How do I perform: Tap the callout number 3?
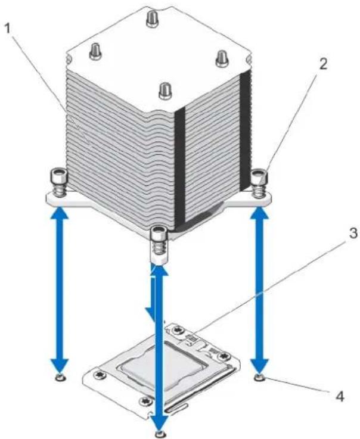[353, 233]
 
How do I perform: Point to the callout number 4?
[339, 397]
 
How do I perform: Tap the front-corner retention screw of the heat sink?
[159, 241]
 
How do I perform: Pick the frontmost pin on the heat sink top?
[165, 91]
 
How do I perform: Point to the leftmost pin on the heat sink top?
[95, 51]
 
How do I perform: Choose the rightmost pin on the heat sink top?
[224, 59]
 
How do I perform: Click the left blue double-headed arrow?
[60, 289]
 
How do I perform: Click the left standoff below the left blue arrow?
[60, 378]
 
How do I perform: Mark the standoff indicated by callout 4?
[260, 378]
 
